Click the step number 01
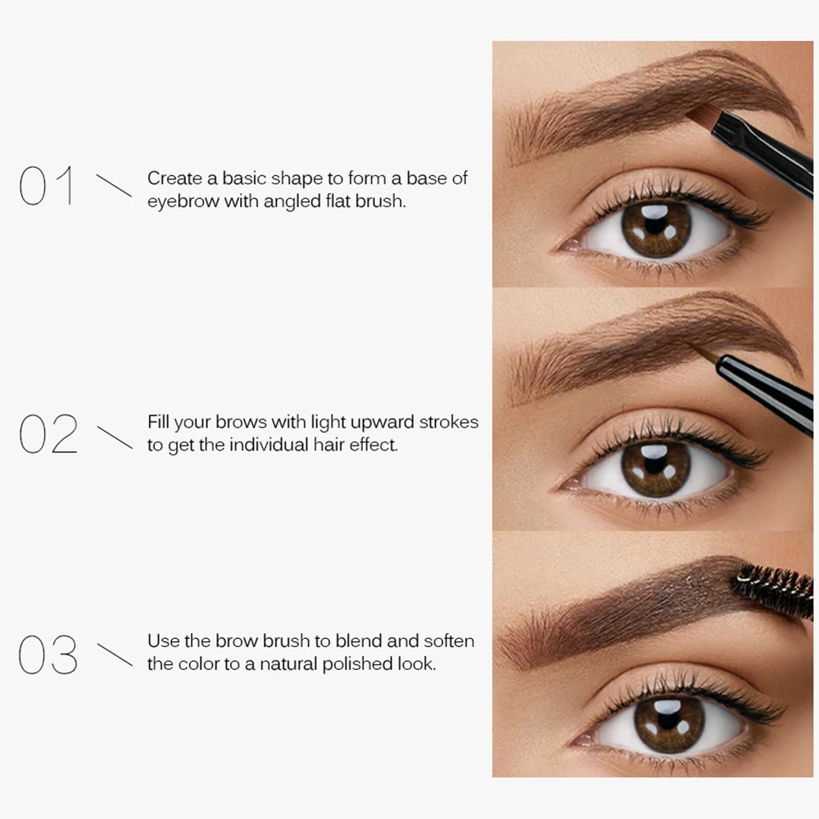click(x=47, y=186)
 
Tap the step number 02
click(x=48, y=433)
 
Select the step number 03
click(x=48, y=655)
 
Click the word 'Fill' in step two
click(x=160, y=423)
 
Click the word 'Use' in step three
click(x=163, y=641)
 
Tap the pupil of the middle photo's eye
click(x=655, y=468)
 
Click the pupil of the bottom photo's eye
click(x=668, y=723)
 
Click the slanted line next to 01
click(x=113, y=185)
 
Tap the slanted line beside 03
click(x=114, y=655)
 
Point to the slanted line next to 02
click(x=114, y=437)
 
